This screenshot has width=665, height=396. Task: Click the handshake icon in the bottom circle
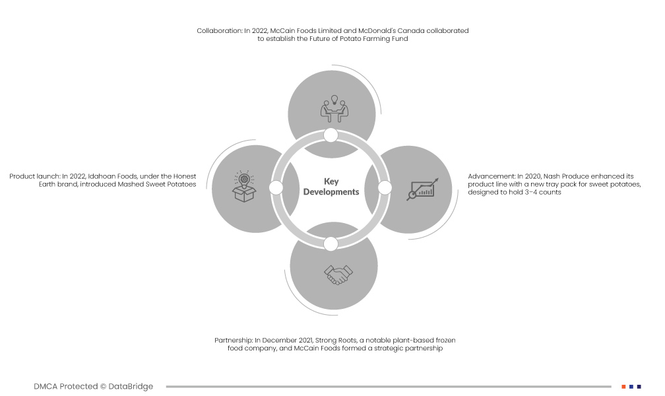click(338, 275)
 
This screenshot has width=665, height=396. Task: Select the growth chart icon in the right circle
click(421, 189)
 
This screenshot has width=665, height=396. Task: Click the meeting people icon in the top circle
click(334, 108)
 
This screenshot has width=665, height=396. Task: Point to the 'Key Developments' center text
click(331, 187)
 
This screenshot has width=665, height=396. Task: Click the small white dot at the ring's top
click(331, 135)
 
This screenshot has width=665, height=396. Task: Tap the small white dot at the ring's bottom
click(331, 244)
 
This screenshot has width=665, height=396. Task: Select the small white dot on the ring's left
click(276, 188)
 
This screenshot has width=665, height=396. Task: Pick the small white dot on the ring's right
click(385, 188)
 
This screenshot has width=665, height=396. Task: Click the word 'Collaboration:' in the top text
click(219, 31)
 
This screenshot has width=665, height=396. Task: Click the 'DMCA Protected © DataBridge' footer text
click(93, 386)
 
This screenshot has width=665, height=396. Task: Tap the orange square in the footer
click(623, 386)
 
